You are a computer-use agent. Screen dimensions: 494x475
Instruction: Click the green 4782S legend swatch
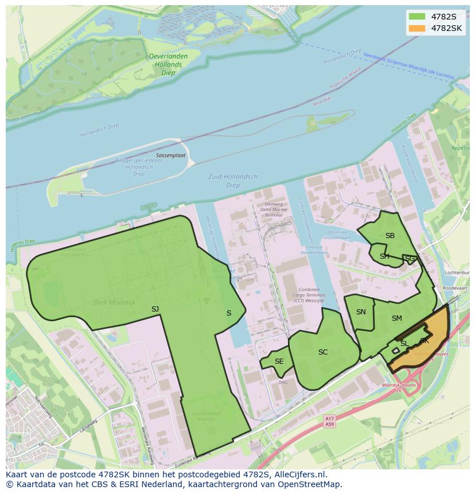tap(417, 17)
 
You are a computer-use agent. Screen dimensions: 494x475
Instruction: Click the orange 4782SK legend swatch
tap(417, 28)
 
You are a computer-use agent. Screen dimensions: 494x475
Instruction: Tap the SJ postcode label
tap(155, 309)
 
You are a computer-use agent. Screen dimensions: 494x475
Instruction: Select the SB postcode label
tap(390, 236)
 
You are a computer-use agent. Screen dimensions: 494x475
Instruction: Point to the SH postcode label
tap(384, 256)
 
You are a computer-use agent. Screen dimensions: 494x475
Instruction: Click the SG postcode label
tap(410, 259)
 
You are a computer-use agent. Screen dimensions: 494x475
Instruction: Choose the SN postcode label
tap(361, 312)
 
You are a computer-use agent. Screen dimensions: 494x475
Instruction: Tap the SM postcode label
tap(397, 318)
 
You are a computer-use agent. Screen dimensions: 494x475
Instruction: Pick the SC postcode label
tap(323, 352)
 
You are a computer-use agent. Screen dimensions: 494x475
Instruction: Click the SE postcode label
tap(279, 361)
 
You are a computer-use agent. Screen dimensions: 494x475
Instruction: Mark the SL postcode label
tap(404, 344)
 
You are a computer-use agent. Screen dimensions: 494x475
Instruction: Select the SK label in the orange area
tap(425, 341)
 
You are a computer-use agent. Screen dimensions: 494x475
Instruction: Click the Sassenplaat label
tap(171, 155)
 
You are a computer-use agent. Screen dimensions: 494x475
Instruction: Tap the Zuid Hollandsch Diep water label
tap(233, 181)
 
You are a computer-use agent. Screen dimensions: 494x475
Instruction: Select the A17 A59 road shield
tap(329, 422)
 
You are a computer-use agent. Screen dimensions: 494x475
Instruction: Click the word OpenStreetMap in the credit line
tap(312, 484)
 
